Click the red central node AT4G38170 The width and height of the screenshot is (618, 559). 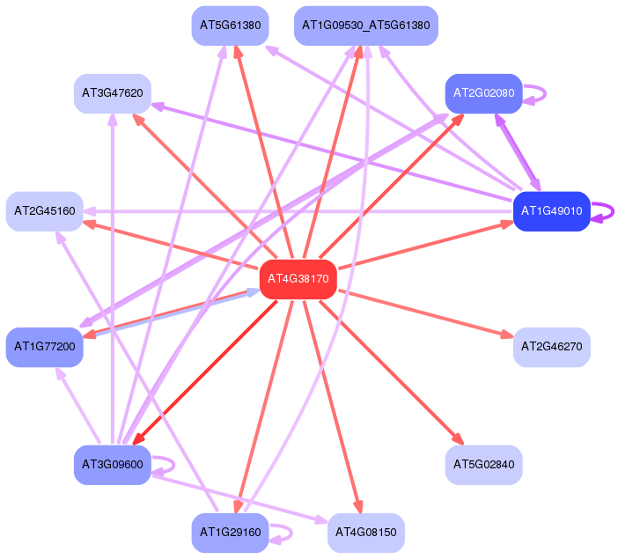pyautogui.click(x=298, y=279)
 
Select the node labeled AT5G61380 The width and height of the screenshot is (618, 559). pyautogui.click(x=230, y=26)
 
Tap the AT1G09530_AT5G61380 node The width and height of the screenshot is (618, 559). pyautogui.click(x=365, y=26)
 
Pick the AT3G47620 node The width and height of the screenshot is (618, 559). pyautogui.click(x=113, y=93)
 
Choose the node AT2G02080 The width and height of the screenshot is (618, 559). pyautogui.click(x=483, y=93)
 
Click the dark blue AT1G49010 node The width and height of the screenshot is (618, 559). pyautogui.click(x=551, y=211)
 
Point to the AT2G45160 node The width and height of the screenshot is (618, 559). pyautogui.click(x=45, y=211)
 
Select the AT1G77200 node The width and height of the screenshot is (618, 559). pyautogui.click(x=45, y=347)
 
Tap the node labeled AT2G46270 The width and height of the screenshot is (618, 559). pyautogui.click(x=551, y=347)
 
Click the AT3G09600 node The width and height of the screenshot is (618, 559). pyautogui.click(x=113, y=465)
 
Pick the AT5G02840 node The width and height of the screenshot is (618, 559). pyautogui.click(x=483, y=465)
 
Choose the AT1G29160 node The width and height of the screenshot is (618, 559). pyautogui.click(x=230, y=533)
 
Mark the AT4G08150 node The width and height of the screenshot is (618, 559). pyautogui.click(x=365, y=533)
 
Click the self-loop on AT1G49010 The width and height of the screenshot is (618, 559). pyautogui.click(x=613, y=211)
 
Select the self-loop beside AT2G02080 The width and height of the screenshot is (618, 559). pyautogui.click(x=545, y=93)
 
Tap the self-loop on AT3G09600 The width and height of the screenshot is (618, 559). pyautogui.click(x=173, y=465)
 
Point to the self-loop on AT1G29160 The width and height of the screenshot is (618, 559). pyautogui.click(x=291, y=533)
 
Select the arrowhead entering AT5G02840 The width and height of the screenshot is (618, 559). pyautogui.click(x=459, y=439)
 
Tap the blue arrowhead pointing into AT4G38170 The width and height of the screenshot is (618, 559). pyautogui.click(x=253, y=292)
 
